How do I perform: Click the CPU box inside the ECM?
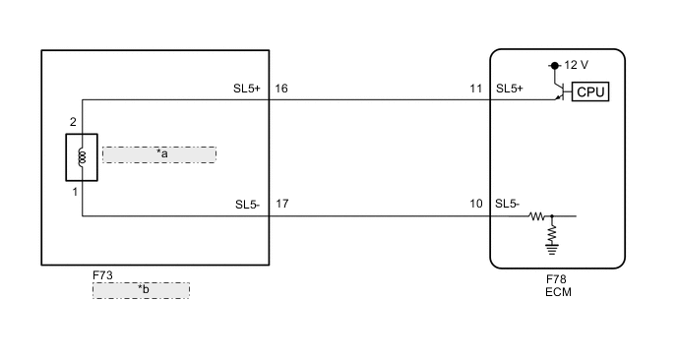click(x=590, y=92)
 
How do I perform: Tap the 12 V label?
click(x=577, y=65)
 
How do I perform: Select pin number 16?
click(x=281, y=89)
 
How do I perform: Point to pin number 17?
click(x=281, y=205)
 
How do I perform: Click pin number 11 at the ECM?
click(x=476, y=89)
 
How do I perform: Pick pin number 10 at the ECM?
click(x=476, y=205)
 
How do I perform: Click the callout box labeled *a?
click(x=159, y=154)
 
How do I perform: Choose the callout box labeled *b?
click(x=141, y=290)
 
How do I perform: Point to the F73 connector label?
click(x=102, y=276)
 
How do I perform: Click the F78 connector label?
click(x=557, y=279)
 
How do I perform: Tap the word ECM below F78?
click(x=557, y=292)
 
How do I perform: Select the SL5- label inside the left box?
click(x=247, y=205)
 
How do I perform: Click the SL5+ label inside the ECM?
click(x=510, y=89)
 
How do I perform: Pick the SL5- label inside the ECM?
click(x=508, y=205)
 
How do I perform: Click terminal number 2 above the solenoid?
click(x=73, y=121)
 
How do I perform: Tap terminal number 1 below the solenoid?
click(x=75, y=192)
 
